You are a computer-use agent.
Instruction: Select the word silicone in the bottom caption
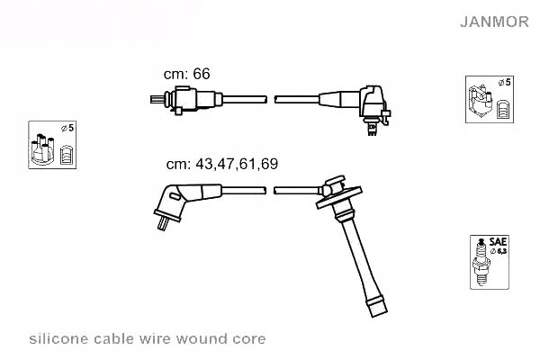pyautogui.click(x=57, y=339)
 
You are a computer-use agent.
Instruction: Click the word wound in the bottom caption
pyautogui.click(x=211, y=339)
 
